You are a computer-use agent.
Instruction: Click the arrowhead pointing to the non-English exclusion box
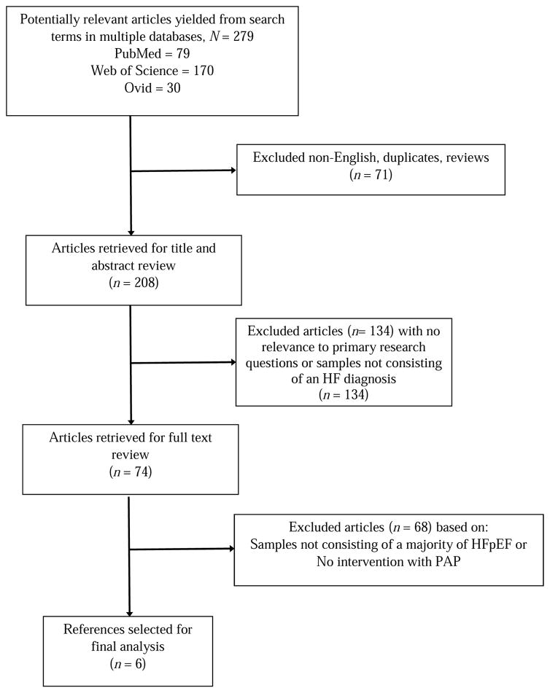233,171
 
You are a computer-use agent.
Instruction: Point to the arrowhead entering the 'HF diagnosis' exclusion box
233,361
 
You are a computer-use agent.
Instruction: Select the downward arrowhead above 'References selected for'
130,614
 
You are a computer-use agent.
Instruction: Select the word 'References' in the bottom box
90,628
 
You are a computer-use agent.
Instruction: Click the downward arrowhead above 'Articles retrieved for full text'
131,421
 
